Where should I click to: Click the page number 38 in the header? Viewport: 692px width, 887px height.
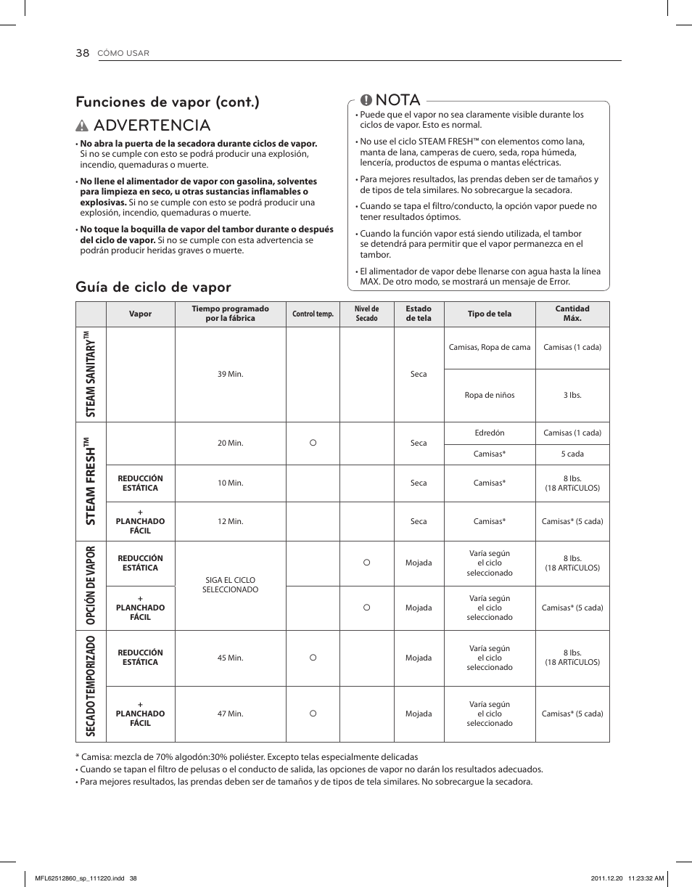tap(82, 53)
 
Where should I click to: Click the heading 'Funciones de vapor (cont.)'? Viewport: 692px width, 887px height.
tap(168, 102)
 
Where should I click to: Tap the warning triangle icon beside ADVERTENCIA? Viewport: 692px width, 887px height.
tap(83, 126)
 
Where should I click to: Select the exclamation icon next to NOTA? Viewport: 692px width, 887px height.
tap(366, 101)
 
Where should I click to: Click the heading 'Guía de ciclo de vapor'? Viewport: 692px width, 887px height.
tap(153, 287)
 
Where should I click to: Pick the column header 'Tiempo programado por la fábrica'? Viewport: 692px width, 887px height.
tap(230, 314)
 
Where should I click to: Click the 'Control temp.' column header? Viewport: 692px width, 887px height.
tap(313, 314)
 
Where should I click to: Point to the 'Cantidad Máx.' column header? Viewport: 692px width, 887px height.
tap(572, 314)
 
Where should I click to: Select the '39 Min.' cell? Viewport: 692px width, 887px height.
tap(230, 375)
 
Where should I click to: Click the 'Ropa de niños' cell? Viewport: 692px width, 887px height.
tap(490, 396)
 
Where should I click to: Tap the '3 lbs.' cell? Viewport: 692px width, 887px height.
tap(572, 396)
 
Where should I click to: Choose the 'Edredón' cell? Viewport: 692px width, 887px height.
tap(490, 433)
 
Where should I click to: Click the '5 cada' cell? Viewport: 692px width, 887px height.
tap(572, 454)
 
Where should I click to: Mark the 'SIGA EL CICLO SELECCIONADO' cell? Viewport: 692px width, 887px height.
tap(230, 585)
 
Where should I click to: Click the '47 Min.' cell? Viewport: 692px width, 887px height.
tap(230, 714)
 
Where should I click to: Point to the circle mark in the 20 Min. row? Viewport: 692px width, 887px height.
tap(313, 443)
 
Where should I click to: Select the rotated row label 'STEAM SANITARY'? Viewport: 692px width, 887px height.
tap(91, 375)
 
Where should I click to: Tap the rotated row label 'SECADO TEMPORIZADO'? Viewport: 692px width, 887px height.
tap(91, 686)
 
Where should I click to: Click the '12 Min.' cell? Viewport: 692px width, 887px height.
tap(230, 521)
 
